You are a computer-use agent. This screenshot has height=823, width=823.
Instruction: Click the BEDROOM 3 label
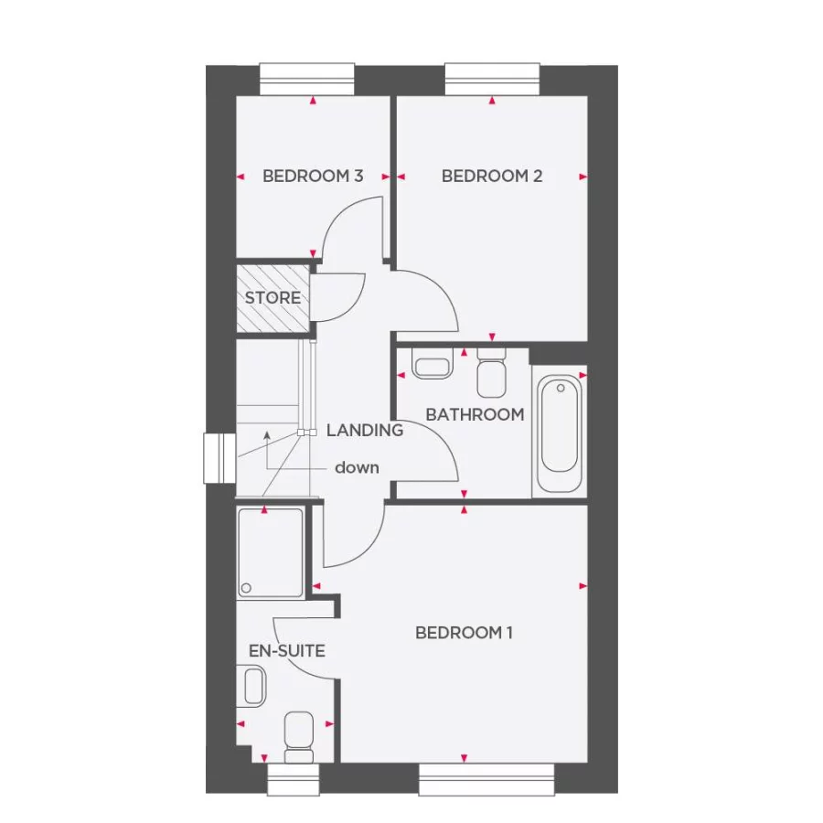tap(313, 176)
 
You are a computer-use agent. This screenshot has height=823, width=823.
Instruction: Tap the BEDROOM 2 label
tap(492, 176)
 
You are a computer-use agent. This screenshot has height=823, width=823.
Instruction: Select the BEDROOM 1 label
tap(464, 633)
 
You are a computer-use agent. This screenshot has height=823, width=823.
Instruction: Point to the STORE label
tap(273, 298)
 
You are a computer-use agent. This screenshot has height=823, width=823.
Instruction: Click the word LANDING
tap(365, 430)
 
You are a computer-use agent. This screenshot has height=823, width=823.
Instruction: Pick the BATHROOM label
tap(475, 414)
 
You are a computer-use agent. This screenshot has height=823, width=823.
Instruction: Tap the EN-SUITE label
tap(287, 651)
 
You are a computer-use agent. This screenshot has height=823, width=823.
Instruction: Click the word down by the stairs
tap(357, 467)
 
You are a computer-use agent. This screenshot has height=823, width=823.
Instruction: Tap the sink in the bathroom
tap(432, 366)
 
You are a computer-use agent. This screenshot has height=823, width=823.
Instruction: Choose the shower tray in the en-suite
tap(271, 553)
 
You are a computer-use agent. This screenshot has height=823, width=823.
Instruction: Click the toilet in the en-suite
tap(298, 737)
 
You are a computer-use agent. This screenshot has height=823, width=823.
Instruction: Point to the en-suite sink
tap(253, 685)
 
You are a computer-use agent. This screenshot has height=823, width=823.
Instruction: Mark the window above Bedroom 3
tap(307, 78)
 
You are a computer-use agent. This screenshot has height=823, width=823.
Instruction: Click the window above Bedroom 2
tap(492, 78)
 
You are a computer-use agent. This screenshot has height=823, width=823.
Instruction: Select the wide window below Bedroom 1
tap(487, 779)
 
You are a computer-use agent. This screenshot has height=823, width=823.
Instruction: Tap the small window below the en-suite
tap(293, 779)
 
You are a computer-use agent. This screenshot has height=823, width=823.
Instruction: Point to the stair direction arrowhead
tap(265, 436)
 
